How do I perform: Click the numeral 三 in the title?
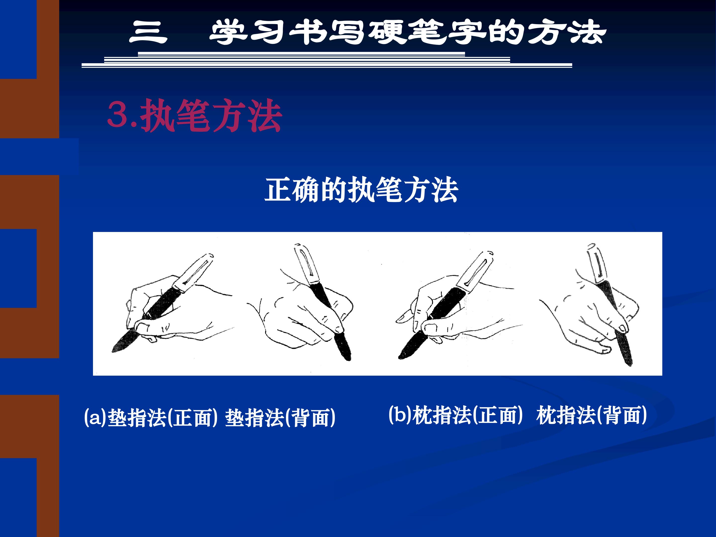pyautogui.click(x=148, y=32)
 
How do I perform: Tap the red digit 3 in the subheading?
pyautogui.click(x=118, y=114)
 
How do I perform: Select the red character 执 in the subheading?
pyautogui.click(x=158, y=116)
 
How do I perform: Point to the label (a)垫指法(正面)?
pyautogui.click(x=150, y=418)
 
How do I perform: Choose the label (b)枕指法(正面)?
pyautogui.click(x=456, y=415)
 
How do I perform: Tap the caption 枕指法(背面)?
pyautogui.click(x=592, y=415)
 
